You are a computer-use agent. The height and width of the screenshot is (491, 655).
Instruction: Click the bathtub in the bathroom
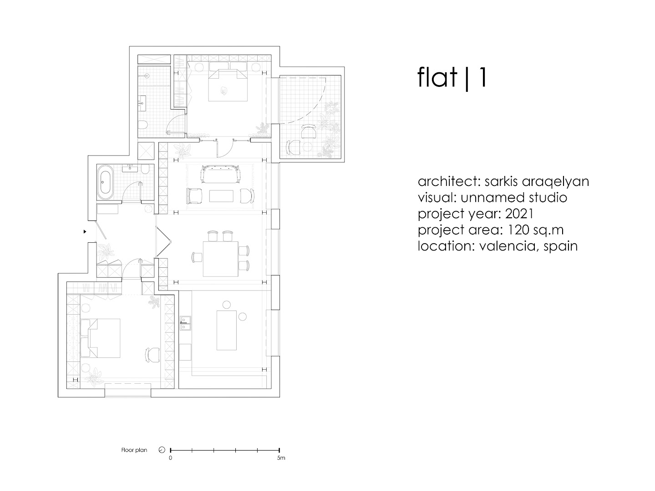(105, 182)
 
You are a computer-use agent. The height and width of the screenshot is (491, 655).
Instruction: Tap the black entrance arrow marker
(85, 231)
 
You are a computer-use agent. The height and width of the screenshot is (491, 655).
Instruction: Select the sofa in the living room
(220, 174)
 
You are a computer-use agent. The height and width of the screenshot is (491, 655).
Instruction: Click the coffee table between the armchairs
(221, 196)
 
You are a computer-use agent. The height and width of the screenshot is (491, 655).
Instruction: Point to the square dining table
(221, 259)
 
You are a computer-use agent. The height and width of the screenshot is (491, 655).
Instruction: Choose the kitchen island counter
(227, 330)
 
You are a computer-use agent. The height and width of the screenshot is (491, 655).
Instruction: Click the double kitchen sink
(185, 323)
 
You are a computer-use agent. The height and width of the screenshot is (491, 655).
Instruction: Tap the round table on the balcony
(307, 146)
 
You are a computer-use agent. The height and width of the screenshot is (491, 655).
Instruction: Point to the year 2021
(519, 214)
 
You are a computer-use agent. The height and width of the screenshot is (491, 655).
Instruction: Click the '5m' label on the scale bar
(281, 458)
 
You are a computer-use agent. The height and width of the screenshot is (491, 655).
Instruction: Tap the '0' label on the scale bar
(170, 458)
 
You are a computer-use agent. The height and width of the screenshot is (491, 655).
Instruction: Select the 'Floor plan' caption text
(134, 450)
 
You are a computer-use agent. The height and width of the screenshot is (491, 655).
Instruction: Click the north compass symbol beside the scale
(162, 450)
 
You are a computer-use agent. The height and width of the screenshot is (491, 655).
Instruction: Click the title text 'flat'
(437, 77)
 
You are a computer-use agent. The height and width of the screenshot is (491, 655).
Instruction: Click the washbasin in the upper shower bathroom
(142, 103)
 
